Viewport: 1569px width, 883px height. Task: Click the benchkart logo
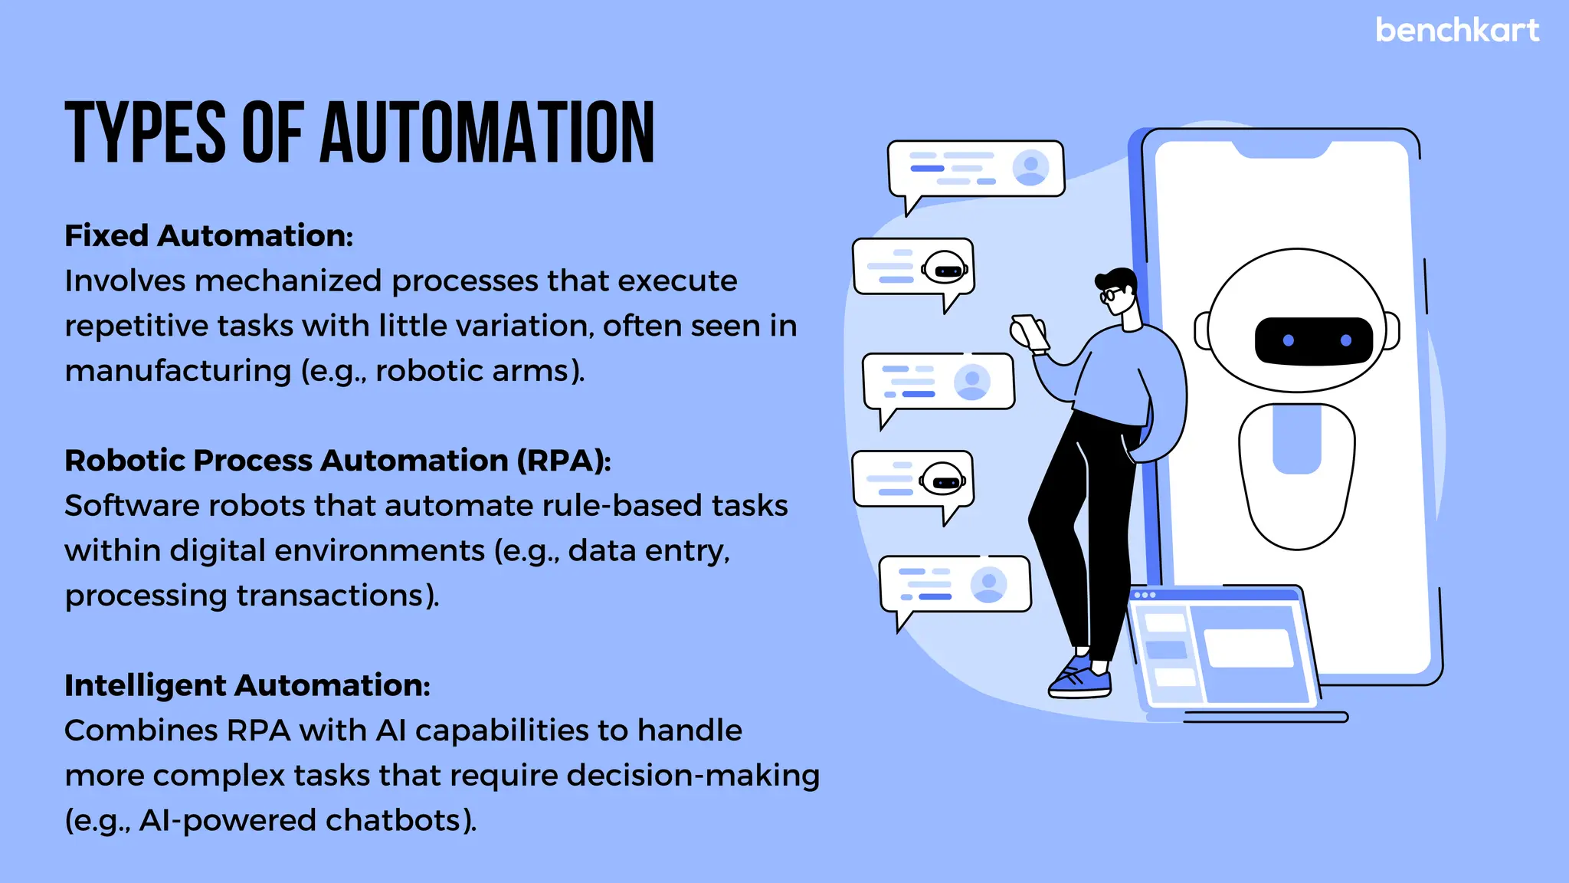[1457, 31]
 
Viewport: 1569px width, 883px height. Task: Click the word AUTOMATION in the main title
[487, 133]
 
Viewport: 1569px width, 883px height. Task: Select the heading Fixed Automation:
[208, 235]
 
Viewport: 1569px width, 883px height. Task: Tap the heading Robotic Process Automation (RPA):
[338, 460]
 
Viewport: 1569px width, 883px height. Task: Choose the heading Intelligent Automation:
[247, 684]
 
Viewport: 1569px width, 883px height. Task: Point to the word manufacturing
[178, 371]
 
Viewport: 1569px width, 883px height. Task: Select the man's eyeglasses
[1109, 294]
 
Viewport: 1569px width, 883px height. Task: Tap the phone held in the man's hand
[1030, 332]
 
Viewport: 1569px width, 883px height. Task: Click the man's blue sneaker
[1080, 678]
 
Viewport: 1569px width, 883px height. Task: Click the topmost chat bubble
[975, 169]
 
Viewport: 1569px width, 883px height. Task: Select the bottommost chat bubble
[955, 585]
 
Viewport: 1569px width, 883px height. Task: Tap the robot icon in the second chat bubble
[945, 268]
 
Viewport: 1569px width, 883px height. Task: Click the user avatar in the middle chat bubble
[972, 381]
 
